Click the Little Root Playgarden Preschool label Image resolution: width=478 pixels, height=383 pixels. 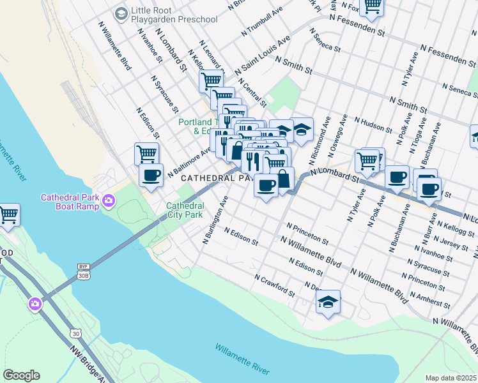click(x=174, y=15)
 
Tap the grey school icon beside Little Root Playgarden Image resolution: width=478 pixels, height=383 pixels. click(x=120, y=13)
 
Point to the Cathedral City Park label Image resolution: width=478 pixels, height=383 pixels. click(x=185, y=210)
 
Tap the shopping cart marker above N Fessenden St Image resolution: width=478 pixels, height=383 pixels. click(x=371, y=7)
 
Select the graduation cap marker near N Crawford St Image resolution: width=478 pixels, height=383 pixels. click(x=328, y=302)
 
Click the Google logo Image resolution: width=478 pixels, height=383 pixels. click(x=21, y=375)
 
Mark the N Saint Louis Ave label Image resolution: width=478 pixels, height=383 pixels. click(x=263, y=54)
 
